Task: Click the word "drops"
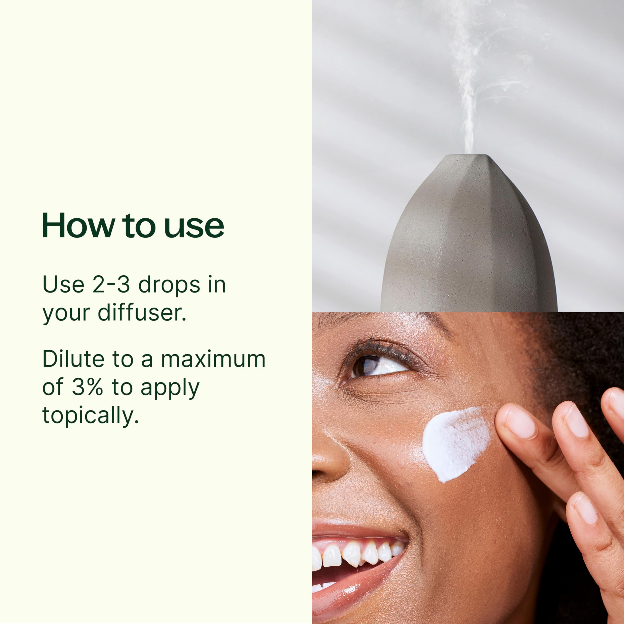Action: (169, 285)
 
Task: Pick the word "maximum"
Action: (213, 359)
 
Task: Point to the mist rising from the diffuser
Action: (475, 74)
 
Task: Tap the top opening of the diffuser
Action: (469, 155)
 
